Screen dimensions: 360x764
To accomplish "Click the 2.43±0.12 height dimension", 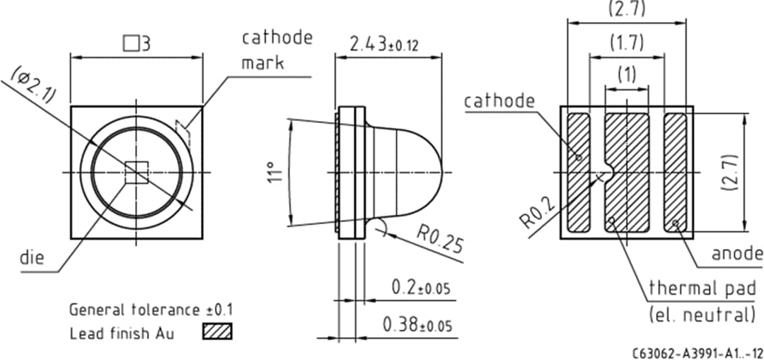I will [x=384, y=44].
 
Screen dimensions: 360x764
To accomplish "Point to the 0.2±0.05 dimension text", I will [x=420, y=289].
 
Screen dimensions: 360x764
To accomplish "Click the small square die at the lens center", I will [x=136, y=173].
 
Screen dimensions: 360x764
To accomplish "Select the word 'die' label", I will [x=32, y=257].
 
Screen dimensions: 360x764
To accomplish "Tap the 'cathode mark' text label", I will [x=276, y=50].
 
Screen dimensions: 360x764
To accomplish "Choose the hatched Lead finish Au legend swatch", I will [x=217, y=331].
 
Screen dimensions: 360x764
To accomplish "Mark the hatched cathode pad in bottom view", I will [x=579, y=173].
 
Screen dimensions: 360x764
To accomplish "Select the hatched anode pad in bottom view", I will [x=675, y=173].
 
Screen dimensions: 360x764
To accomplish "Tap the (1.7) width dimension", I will [x=627, y=42].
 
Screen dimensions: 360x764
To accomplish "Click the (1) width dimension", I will [x=627, y=73].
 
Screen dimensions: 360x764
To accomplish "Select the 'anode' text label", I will [x=736, y=253].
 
